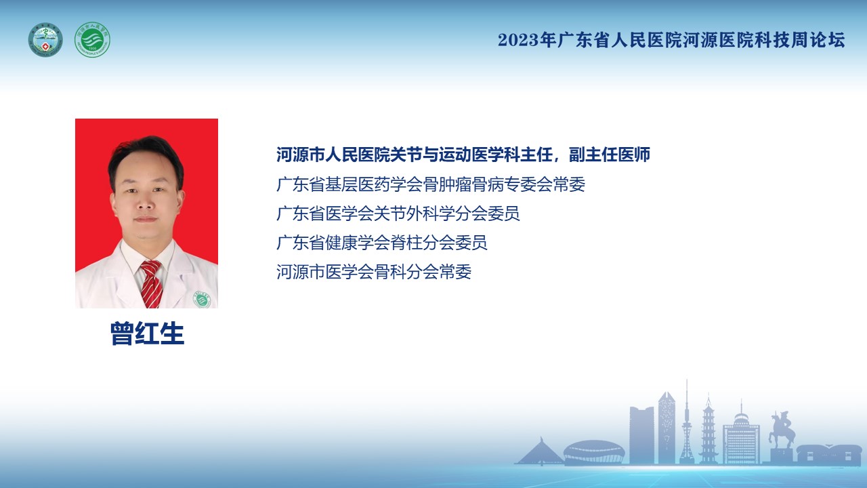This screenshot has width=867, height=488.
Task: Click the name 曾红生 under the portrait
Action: point(147,333)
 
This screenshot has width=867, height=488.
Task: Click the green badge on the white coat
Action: point(202,300)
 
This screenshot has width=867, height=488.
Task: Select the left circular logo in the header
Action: point(45,39)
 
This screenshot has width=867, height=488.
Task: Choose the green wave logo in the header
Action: point(93,39)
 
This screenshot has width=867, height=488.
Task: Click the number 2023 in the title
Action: point(519,40)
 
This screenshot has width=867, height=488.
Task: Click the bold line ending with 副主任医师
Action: point(463,155)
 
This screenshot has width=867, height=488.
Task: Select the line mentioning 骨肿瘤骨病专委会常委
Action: point(431,184)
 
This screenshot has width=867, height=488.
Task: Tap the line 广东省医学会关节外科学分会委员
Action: point(398,213)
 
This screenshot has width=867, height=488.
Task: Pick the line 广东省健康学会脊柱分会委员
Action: point(381,243)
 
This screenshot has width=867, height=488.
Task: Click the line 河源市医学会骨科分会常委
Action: point(374,272)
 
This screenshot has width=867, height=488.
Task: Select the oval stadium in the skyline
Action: point(594,451)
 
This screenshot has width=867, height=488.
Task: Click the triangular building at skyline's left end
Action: point(540,451)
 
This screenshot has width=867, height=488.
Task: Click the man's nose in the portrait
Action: point(145,201)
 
